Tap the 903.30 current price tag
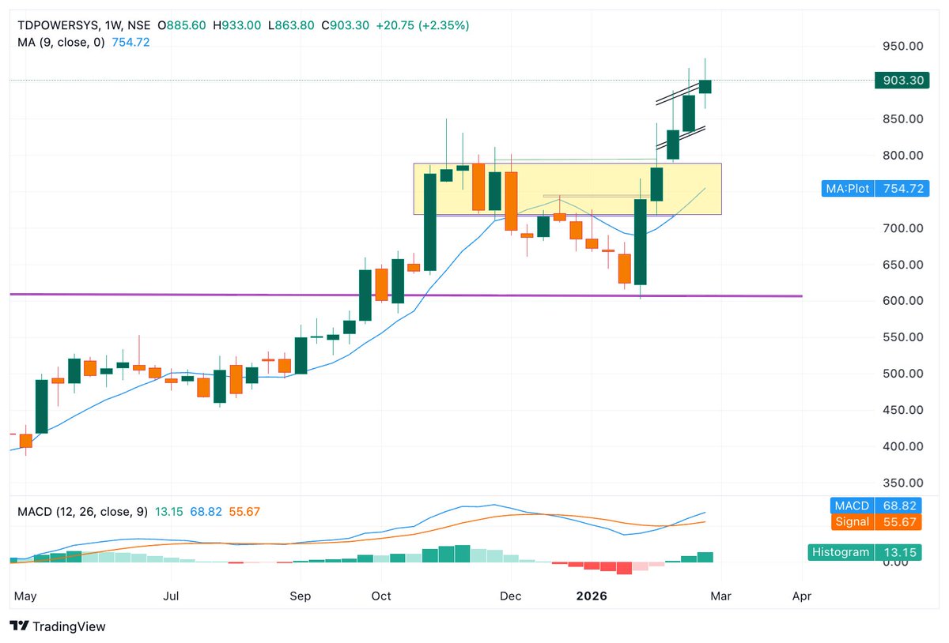(x=900, y=81)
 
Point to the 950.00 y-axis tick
(x=903, y=47)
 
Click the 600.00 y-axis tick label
(x=903, y=301)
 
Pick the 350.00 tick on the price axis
(x=903, y=483)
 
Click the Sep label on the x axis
(x=300, y=596)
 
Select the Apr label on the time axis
(x=802, y=596)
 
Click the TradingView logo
(x=59, y=626)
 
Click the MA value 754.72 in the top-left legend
(x=130, y=43)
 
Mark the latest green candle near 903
(x=705, y=86)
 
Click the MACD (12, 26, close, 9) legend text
(x=82, y=512)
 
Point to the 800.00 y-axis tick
(x=903, y=156)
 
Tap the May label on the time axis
(x=25, y=596)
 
